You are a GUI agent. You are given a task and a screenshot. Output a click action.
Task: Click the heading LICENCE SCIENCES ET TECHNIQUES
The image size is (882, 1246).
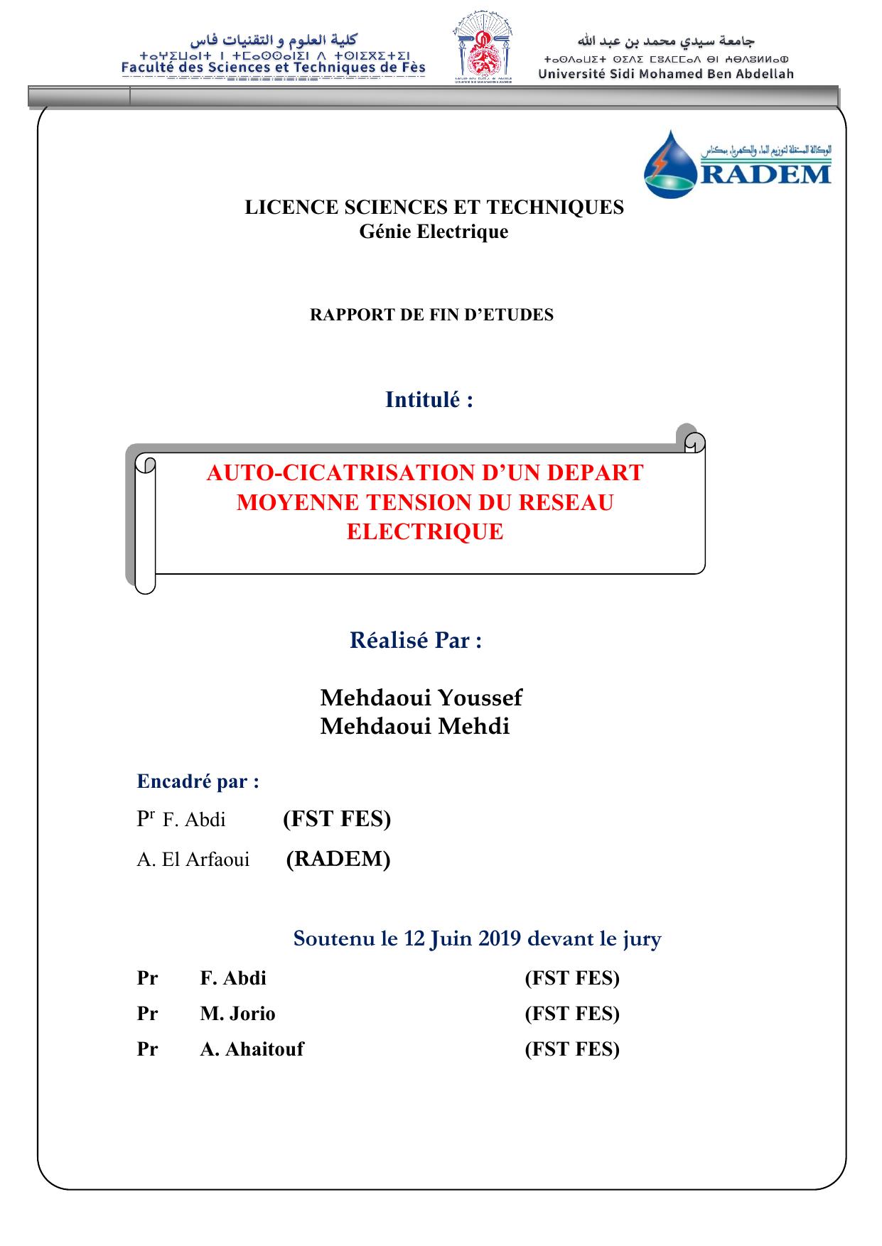coord(434,207)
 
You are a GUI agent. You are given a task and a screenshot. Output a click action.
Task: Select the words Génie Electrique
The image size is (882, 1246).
coord(434,232)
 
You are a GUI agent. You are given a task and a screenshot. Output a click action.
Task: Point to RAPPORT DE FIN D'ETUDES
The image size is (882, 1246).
coord(431,315)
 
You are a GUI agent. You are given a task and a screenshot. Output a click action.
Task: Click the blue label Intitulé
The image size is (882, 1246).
coord(429,400)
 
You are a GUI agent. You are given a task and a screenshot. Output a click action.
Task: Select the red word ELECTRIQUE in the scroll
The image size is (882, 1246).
coord(425,532)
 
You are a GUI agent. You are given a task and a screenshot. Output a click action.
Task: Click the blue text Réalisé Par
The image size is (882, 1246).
coord(416,640)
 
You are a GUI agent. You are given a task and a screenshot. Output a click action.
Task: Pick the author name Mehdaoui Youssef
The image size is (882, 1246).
coord(421,698)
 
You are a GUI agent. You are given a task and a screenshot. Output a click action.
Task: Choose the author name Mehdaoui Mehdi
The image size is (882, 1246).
coord(414,727)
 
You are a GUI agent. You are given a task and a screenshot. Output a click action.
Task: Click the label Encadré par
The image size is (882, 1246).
coord(198,781)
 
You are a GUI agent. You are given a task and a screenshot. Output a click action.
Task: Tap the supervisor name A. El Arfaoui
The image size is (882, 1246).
coord(193,860)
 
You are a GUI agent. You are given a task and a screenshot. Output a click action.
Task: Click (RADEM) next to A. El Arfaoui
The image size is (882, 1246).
coord(338,859)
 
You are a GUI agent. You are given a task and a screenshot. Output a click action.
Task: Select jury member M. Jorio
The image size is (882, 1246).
coord(237,1014)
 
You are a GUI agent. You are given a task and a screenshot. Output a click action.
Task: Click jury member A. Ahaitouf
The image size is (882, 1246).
coord(252,1049)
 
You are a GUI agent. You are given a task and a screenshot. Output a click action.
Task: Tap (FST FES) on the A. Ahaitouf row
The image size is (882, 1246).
coord(572,1049)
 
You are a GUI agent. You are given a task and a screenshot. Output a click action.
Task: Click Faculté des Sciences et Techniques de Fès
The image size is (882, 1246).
coord(274,68)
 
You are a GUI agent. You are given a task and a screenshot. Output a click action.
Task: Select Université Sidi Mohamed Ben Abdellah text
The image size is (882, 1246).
coord(666,74)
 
